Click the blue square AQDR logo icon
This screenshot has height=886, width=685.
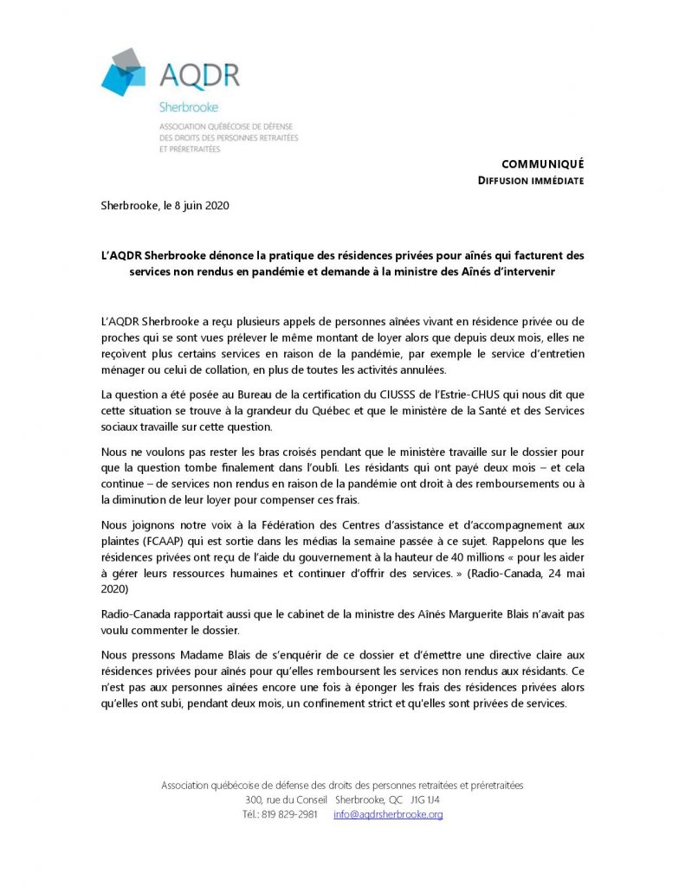click(124, 73)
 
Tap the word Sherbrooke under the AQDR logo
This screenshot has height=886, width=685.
click(189, 108)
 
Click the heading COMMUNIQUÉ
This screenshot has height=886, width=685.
click(543, 164)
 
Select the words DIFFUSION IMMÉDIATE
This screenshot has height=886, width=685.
click(531, 181)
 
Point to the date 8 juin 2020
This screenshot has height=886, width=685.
click(202, 206)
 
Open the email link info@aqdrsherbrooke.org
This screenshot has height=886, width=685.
click(388, 815)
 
